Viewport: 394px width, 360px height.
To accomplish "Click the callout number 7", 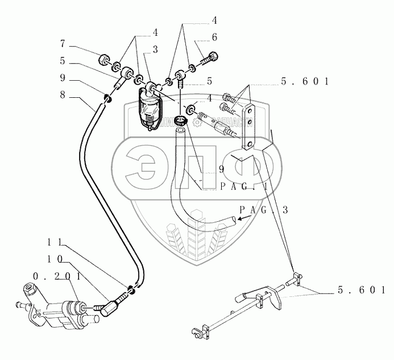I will (x=63, y=43).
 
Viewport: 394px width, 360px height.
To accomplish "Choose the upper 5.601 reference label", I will (x=305, y=82).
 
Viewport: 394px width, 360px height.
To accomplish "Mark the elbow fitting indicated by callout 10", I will (x=106, y=307).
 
